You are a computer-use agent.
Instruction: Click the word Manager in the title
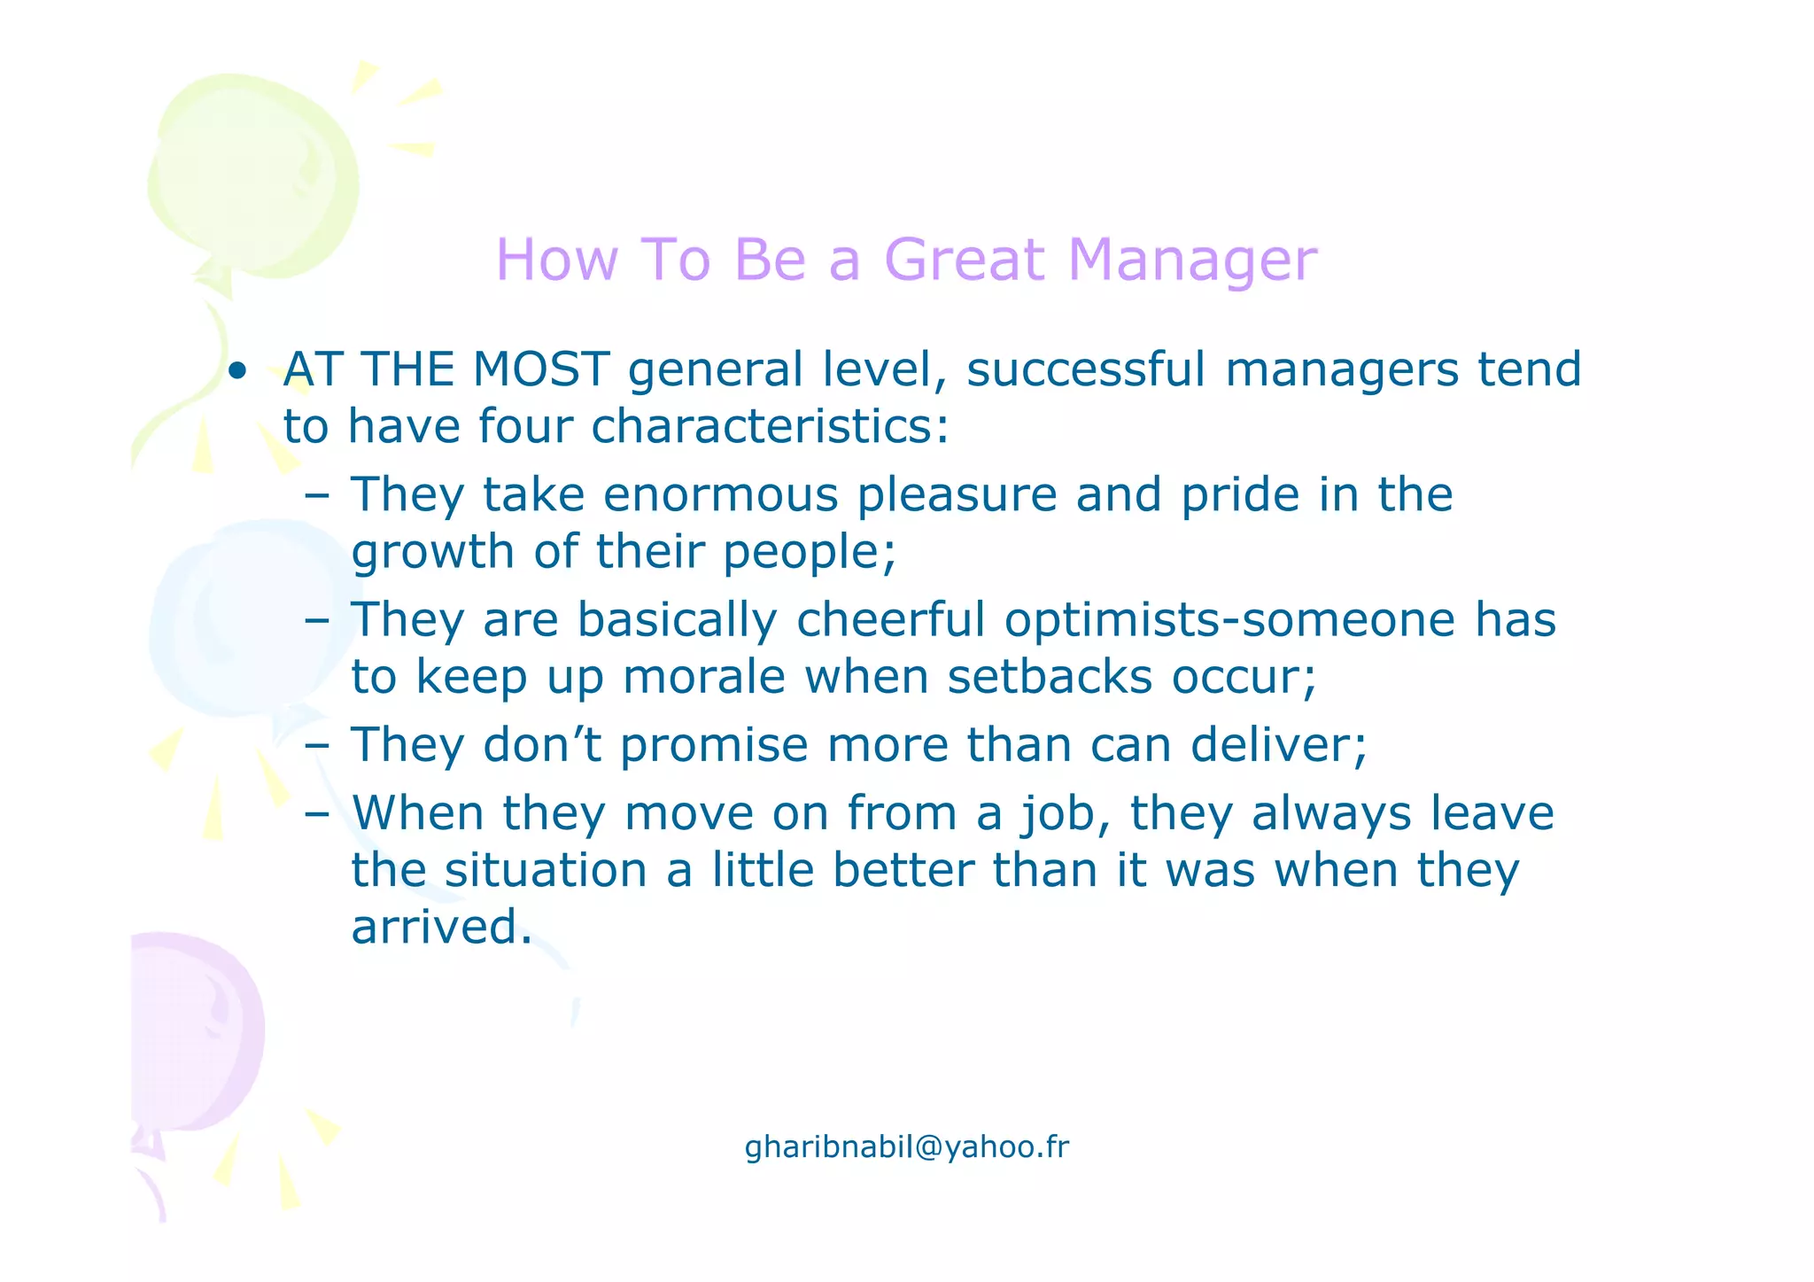(x=1192, y=260)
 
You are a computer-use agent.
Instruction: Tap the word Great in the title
(x=965, y=260)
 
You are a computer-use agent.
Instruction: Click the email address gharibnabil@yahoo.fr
(x=907, y=1147)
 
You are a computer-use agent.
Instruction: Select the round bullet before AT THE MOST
(x=236, y=371)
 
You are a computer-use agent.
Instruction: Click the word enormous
(x=720, y=494)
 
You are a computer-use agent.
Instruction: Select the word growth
(x=432, y=553)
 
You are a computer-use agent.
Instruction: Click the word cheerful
(x=890, y=619)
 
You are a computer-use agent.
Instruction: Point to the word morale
(x=704, y=678)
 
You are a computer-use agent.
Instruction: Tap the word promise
(x=713, y=746)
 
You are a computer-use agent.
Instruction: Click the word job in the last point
(x=1063, y=813)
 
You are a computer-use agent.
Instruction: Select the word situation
(x=546, y=871)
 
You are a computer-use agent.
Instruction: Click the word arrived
(x=441, y=928)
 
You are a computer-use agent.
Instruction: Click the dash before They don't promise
(x=316, y=746)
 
